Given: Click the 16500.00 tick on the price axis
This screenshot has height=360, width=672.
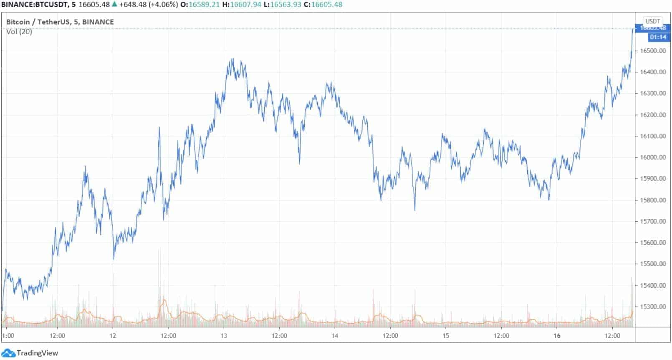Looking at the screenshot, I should click(x=653, y=51).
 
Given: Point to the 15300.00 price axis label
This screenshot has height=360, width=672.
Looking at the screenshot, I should click(x=653, y=307).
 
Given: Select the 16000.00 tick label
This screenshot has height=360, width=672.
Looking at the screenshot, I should click(x=653, y=157).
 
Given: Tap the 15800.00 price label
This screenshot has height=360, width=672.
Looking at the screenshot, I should click(x=653, y=200).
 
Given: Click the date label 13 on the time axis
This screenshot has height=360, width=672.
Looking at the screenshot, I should click(x=224, y=336).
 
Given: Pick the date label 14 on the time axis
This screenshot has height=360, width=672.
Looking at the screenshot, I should click(x=335, y=336).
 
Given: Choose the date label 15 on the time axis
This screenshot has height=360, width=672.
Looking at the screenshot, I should click(x=446, y=336).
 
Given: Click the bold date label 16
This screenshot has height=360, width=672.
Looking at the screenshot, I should click(x=557, y=336).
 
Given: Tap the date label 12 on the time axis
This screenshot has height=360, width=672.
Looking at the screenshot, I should click(x=113, y=336).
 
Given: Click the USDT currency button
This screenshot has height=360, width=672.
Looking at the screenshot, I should click(x=653, y=21).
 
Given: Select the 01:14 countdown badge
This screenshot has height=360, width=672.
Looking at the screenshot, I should click(x=658, y=37).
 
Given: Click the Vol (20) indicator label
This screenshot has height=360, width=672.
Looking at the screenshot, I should click(x=19, y=32).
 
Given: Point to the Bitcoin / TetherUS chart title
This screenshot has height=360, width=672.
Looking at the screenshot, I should click(x=60, y=22).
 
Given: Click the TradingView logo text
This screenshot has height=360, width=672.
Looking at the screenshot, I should click(x=37, y=353).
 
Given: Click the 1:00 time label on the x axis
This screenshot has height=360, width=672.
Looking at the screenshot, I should click(x=8, y=336).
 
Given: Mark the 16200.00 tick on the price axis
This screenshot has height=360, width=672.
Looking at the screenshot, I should click(x=653, y=115).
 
